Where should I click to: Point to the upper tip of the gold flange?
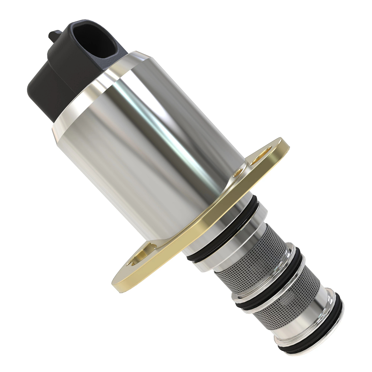tap(284, 143)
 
